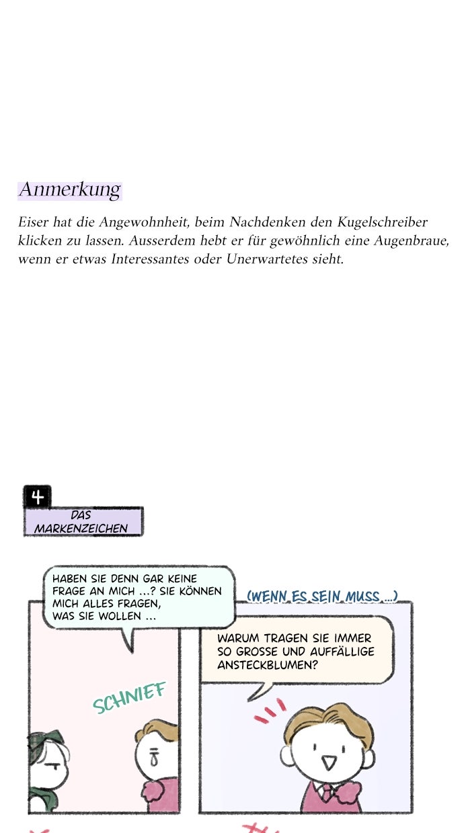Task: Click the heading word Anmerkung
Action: tap(69, 190)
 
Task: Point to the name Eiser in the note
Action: tap(33, 222)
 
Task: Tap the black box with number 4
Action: tap(37, 497)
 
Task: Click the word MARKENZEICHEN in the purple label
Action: tap(81, 529)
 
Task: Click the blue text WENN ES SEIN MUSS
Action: tap(322, 596)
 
